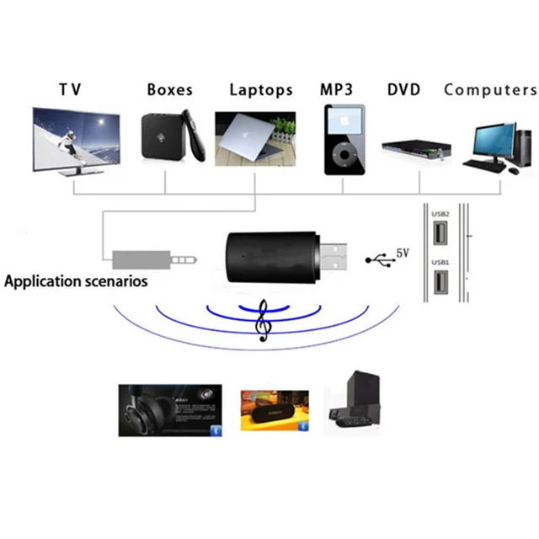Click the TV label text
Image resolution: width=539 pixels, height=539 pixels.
(x=70, y=90)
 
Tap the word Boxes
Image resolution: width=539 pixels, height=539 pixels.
(x=169, y=89)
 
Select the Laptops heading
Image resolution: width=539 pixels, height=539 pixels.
(x=261, y=89)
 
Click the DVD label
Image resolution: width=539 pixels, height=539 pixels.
(x=405, y=89)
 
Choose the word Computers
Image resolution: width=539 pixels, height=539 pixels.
(x=490, y=89)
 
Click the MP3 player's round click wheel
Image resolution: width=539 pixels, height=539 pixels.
(x=344, y=157)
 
